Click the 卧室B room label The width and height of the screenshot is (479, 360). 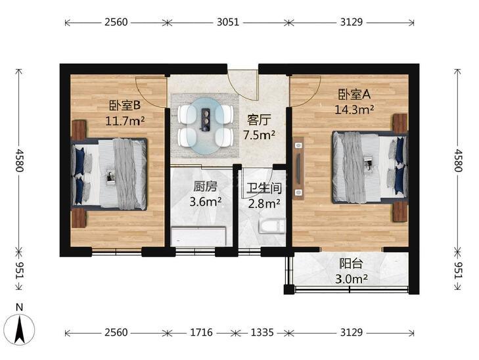(125, 106)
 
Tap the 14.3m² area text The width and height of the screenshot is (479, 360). (354, 109)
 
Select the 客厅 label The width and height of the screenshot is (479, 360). (259, 120)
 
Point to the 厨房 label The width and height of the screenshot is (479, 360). (205, 187)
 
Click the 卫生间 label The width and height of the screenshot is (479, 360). (264, 189)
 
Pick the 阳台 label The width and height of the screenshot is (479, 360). (352, 263)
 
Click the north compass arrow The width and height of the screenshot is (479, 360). (20, 330)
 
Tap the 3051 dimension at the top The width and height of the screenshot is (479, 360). (228, 22)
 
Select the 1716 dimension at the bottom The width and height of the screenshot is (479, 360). (201, 332)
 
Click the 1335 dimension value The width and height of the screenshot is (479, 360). (262, 332)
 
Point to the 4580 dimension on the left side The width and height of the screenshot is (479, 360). (20, 160)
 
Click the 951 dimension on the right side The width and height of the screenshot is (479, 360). (457, 270)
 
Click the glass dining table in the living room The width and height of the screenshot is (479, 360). (205, 125)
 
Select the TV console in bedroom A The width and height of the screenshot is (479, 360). (298, 168)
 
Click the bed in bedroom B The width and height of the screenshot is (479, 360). (109, 174)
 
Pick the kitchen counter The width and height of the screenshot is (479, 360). (198, 236)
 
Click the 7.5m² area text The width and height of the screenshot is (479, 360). (260, 135)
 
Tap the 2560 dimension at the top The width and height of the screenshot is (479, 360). (116, 22)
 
